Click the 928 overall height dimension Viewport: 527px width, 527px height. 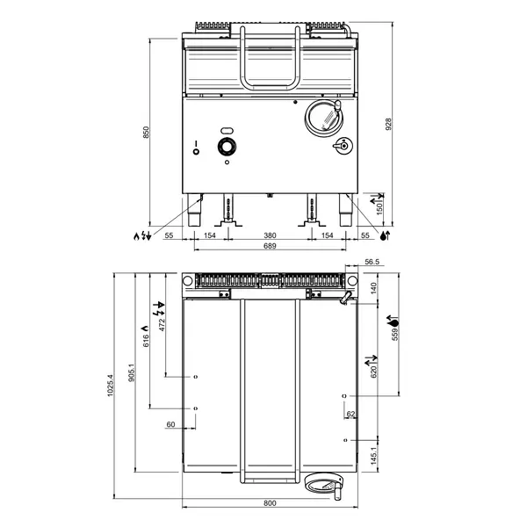(387, 125)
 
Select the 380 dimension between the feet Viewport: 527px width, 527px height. (270, 236)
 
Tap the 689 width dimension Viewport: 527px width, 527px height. (270, 247)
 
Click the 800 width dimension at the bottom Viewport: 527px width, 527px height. (270, 503)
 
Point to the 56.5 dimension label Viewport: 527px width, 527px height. (372, 262)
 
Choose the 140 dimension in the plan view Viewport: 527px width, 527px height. (372, 287)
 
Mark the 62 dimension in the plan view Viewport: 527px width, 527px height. (350, 414)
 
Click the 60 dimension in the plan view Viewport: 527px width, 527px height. (171, 425)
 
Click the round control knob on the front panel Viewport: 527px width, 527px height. (227, 147)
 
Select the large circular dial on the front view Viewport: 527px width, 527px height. (322, 117)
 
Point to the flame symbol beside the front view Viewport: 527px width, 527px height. (136, 235)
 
